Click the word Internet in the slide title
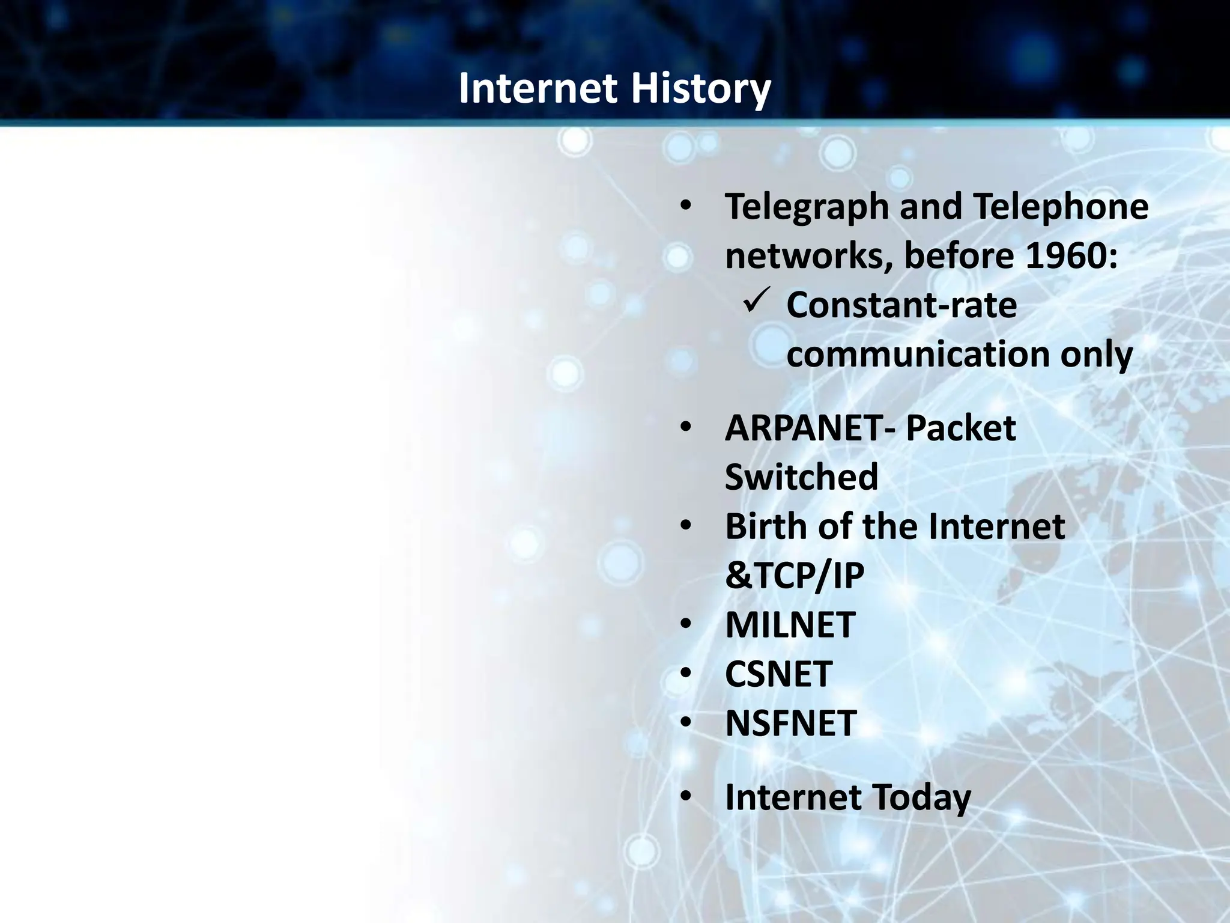tap(538, 88)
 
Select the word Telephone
tap(1060, 207)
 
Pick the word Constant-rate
tap(901, 305)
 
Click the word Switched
tap(801, 478)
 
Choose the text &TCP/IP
tap(794, 576)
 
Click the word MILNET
tap(790, 625)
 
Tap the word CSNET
tap(778, 674)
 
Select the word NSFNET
tap(790, 723)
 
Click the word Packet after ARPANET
tap(960, 428)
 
